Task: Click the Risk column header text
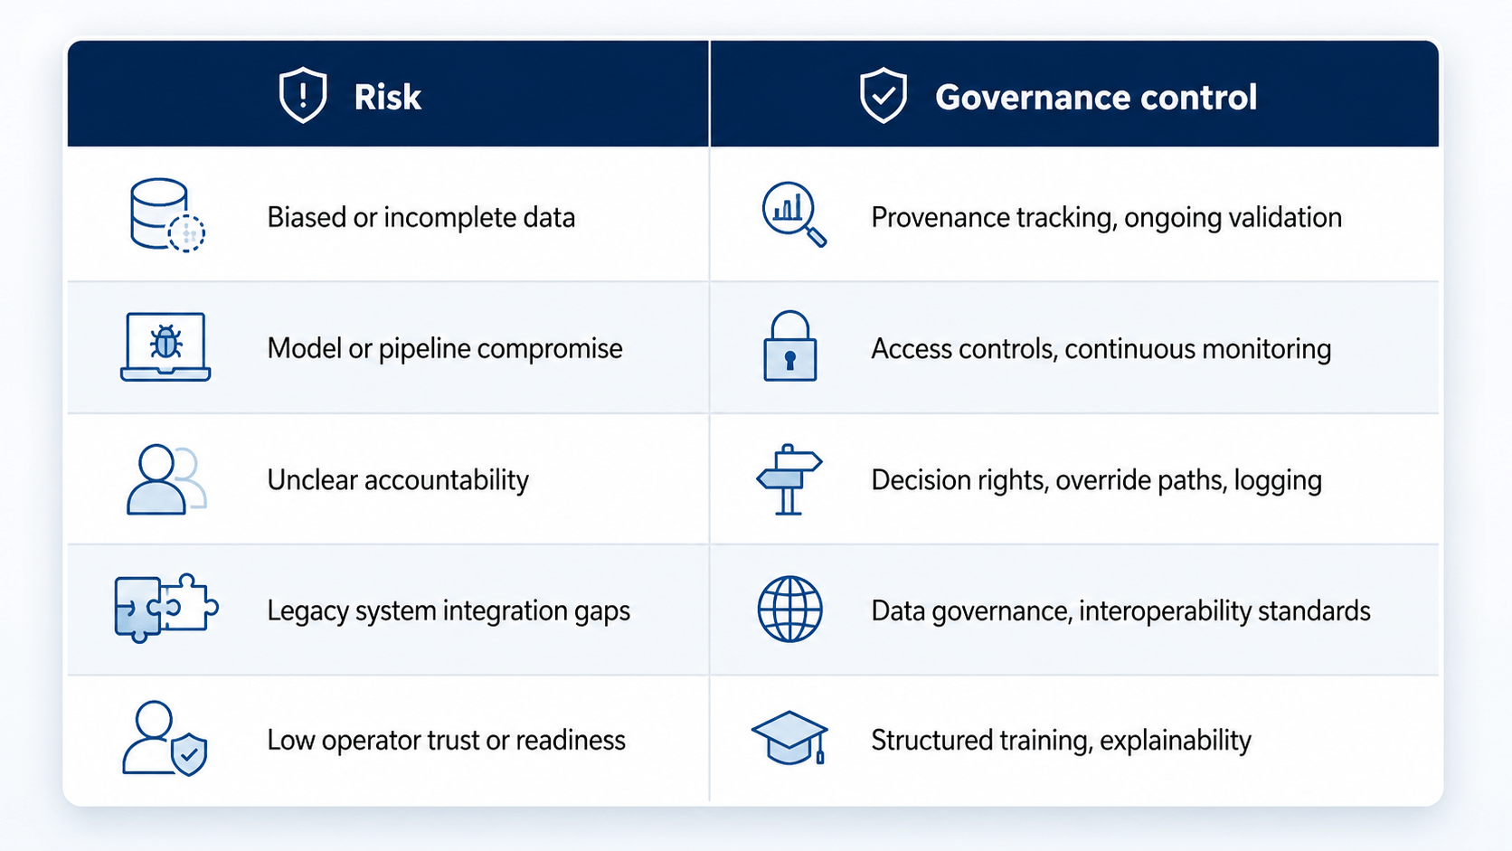pyautogui.click(x=387, y=97)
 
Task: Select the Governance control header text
pyautogui.click(x=1095, y=97)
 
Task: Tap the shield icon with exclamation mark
pyautogui.click(x=303, y=95)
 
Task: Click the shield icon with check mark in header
pyautogui.click(x=883, y=95)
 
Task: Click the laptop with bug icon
pyautogui.click(x=165, y=347)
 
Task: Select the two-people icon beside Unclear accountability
pyautogui.click(x=166, y=479)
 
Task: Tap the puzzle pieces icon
pyautogui.click(x=166, y=608)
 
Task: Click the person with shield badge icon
pyautogui.click(x=165, y=738)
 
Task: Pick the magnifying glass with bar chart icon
pyautogui.click(x=794, y=214)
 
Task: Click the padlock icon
pyautogui.click(x=789, y=346)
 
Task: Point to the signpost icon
pyautogui.click(x=789, y=479)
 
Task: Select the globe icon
pyautogui.click(x=789, y=609)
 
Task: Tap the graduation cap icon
pyautogui.click(x=789, y=738)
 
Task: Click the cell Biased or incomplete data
pyautogui.click(x=421, y=218)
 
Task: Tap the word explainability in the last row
pyautogui.click(x=1176, y=741)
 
